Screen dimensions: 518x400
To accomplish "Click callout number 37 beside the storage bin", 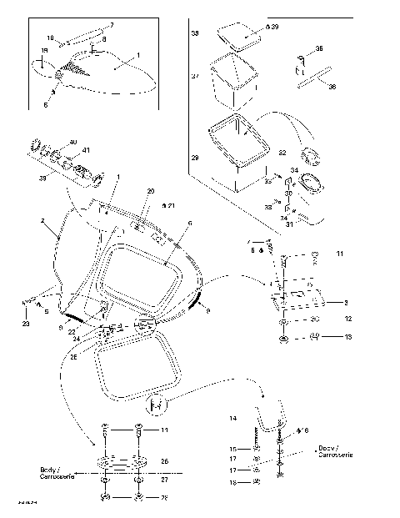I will pos(195,76).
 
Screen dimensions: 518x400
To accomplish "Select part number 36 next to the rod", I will pos(332,86).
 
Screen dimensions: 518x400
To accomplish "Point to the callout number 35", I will pos(319,49).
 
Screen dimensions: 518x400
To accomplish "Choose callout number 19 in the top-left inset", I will pos(44,51).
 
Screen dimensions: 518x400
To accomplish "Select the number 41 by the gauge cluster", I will pos(86,151).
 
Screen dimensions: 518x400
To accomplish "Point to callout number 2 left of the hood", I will pos(42,221).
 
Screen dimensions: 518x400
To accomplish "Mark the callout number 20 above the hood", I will pos(151,191).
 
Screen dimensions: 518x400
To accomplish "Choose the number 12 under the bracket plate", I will pos(348,319).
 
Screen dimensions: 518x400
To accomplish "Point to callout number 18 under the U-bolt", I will pos(234,482).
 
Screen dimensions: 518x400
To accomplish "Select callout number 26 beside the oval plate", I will pos(164,461).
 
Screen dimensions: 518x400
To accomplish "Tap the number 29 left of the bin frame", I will pos(195,158).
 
